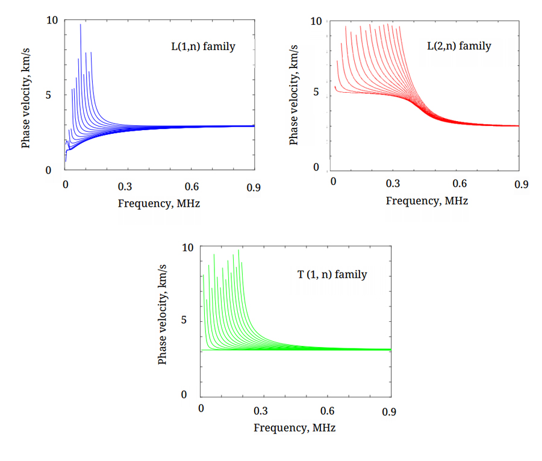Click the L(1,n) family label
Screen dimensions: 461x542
tap(203, 46)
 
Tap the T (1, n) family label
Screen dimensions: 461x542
tap(332, 275)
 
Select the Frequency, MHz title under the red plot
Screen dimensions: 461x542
tap(426, 201)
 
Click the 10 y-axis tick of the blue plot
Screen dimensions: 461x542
tap(52, 20)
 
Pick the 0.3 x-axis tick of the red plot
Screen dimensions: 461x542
tap(394, 183)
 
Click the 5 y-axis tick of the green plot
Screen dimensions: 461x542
tap(186, 320)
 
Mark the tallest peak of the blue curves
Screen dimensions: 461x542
tap(80, 25)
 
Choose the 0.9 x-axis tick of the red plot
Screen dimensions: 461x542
tap(521, 183)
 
